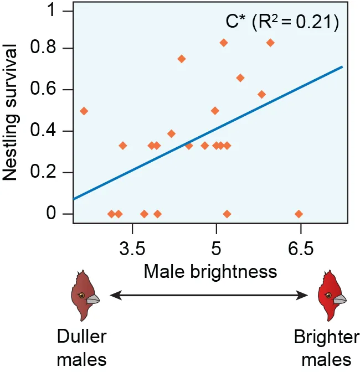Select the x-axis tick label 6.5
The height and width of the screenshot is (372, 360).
point(300,249)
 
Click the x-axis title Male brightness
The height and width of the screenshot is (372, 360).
point(210,271)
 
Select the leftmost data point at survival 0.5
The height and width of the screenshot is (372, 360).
point(84,111)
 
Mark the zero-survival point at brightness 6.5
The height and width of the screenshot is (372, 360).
point(299,214)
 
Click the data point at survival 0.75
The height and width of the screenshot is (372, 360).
point(181,59)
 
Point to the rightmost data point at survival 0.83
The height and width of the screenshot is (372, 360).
point(270,43)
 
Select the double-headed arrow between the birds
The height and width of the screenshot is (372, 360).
point(210,297)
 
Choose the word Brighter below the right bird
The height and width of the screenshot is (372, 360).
point(326,337)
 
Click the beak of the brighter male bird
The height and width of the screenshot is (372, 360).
point(340,299)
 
